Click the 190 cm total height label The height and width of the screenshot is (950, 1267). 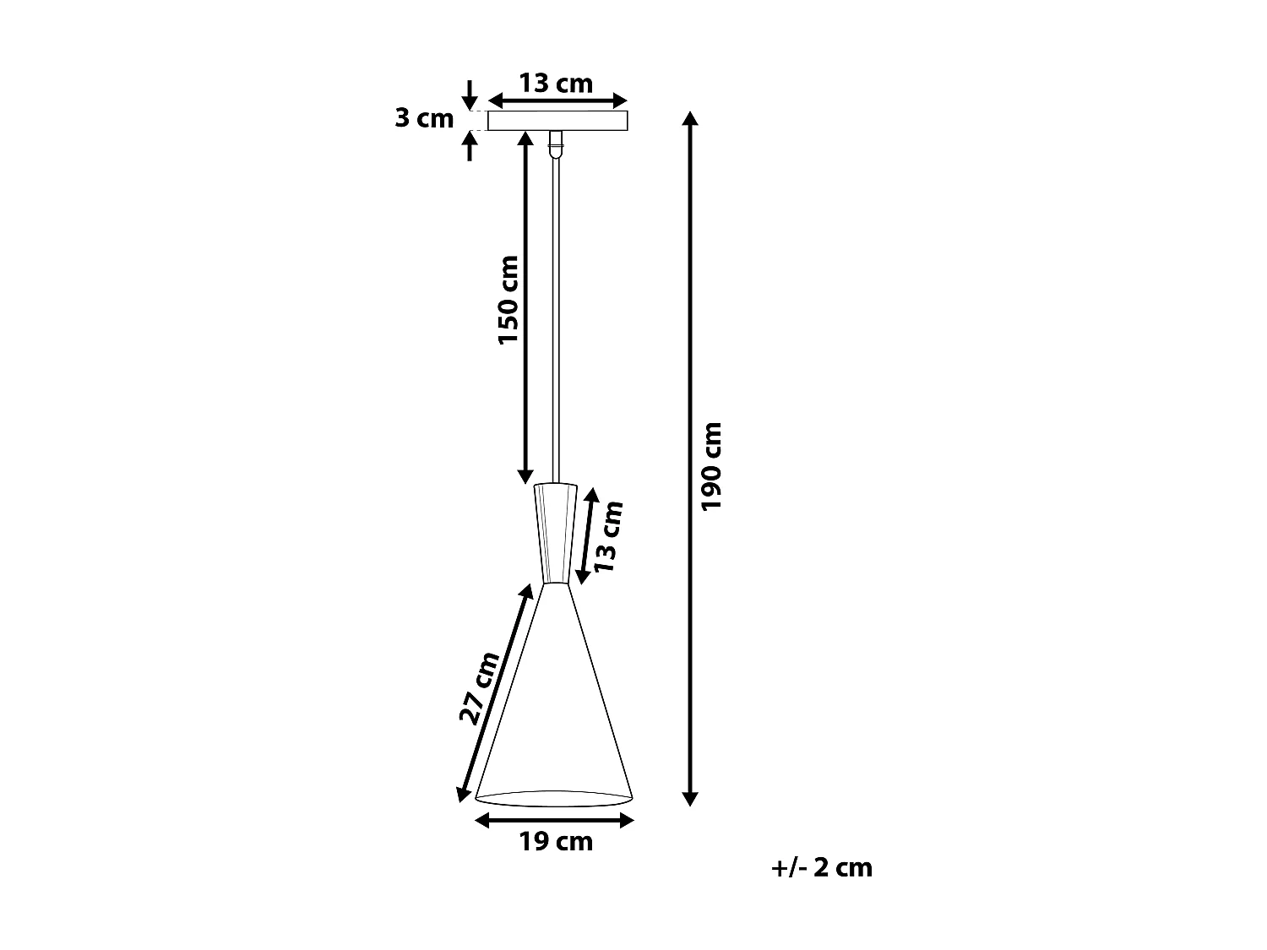point(712,465)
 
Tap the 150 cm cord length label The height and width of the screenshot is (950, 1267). point(508,300)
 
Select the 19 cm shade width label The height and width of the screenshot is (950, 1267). point(555,841)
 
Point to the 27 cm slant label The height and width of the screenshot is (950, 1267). point(479,688)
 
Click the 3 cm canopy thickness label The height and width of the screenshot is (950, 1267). point(424,118)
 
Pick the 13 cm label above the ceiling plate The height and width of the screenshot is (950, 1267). point(555,84)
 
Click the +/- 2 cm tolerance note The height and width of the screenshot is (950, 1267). point(821,867)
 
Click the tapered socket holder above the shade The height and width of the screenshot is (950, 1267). point(555,532)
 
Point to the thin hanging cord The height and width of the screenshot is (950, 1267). point(555,321)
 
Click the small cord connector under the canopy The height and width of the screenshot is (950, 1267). point(555,144)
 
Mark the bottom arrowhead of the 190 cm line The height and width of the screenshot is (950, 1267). point(690,798)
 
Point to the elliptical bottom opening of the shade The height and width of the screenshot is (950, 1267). point(554,798)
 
